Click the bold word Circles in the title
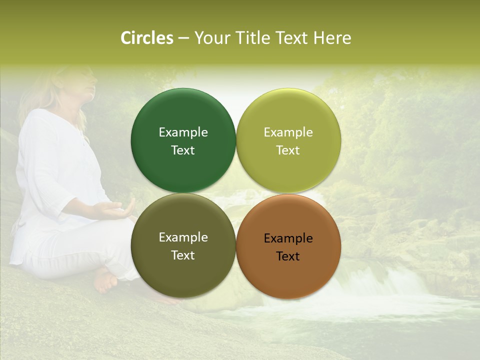pyautogui.click(x=147, y=38)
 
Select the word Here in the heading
pyautogui.click(x=332, y=38)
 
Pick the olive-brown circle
pyautogui.click(x=183, y=270)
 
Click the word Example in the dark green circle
pyautogui.click(x=183, y=132)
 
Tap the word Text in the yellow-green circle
pyautogui.click(x=288, y=150)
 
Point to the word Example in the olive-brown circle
pyautogui.click(x=183, y=237)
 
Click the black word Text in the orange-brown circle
pyautogui.click(x=288, y=256)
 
